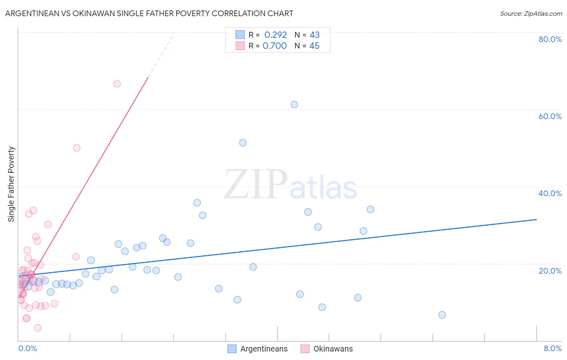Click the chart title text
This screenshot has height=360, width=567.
(149, 13)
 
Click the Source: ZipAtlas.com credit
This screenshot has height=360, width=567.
(531, 13)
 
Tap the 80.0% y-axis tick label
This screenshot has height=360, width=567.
(550, 39)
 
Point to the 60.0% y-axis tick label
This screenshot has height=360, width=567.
(550, 116)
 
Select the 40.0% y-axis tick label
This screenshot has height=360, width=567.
(550, 193)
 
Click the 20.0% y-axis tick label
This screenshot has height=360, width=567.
(550, 271)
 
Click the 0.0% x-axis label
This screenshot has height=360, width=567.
(27, 348)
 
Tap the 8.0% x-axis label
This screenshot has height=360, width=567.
(552, 348)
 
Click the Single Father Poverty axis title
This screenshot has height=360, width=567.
(11, 184)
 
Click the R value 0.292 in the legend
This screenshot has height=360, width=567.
(275, 35)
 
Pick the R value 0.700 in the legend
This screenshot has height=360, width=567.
(275, 46)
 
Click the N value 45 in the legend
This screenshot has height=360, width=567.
(314, 46)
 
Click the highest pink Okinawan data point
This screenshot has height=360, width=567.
(117, 84)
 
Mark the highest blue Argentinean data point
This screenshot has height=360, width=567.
(294, 105)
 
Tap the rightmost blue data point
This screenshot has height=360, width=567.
(442, 315)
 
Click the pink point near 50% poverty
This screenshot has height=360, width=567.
(77, 148)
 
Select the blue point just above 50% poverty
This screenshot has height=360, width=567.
(243, 143)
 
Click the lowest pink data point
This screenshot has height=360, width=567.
(38, 328)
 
